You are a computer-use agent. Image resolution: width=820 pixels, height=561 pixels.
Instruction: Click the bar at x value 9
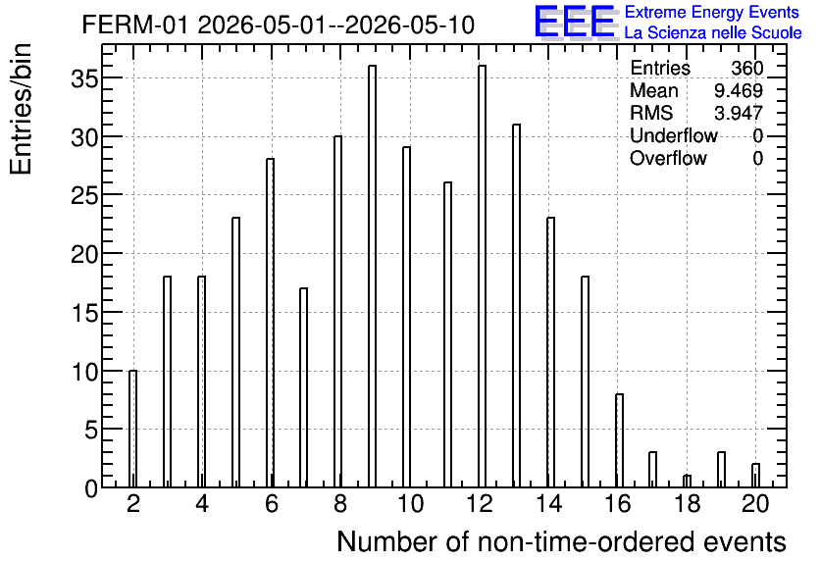pos(372,276)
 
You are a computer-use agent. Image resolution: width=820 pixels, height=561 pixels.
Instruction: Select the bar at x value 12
pos(482,276)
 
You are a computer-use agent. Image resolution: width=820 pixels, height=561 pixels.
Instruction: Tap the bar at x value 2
pos(132,429)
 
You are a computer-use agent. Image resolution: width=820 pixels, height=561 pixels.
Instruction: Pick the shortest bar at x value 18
pos(687,481)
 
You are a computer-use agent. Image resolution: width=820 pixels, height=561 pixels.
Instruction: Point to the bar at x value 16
pos(619,440)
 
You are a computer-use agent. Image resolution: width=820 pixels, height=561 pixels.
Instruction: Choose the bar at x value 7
pos(303,387)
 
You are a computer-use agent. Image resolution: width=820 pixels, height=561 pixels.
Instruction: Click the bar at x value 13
pos(516,305)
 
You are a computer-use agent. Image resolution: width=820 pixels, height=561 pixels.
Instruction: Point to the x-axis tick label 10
pos(410,504)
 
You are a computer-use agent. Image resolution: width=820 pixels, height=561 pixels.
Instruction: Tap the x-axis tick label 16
pos(618,504)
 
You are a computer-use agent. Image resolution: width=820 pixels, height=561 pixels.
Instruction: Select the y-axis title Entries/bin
pos(22,110)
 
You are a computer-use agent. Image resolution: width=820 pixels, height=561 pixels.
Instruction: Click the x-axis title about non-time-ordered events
pos(561,542)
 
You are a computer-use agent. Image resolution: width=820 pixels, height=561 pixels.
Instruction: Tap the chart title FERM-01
pos(135,25)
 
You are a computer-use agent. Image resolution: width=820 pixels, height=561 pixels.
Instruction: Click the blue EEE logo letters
pos(575,22)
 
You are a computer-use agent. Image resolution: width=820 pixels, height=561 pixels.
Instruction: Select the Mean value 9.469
pos(739,90)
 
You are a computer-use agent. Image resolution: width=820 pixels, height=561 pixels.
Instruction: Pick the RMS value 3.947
pos(739,113)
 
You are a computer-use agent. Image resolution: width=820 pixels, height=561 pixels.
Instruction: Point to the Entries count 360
pos(747,68)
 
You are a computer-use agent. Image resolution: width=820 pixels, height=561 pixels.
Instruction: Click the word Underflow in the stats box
pos(674,135)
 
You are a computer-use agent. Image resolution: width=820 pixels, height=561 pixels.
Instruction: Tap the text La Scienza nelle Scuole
pos(713,33)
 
